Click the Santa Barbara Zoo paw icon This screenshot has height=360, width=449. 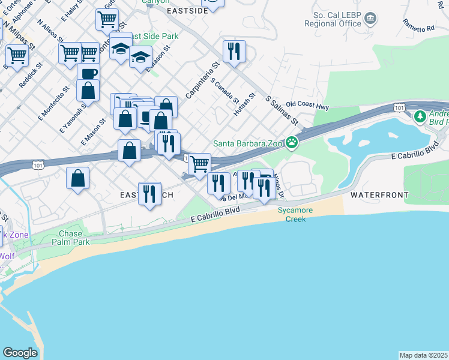click(x=292, y=143)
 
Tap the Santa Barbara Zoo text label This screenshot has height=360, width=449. click(x=249, y=143)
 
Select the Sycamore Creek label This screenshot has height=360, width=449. click(x=292, y=214)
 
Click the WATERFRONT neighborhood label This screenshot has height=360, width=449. click(x=379, y=195)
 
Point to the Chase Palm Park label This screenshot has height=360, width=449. click(x=74, y=238)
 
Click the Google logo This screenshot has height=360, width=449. click(x=20, y=352)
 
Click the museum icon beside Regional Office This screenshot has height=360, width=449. click(x=370, y=19)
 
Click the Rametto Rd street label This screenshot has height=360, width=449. click(x=418, y=25)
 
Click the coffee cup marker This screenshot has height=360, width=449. click(x=88, y=73)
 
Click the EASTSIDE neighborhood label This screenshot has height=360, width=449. click(x=187, y=10)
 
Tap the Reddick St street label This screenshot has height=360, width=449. click(x=31, y=74)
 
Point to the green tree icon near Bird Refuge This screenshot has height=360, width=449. click(x=421, y=115)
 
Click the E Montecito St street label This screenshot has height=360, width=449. click(x=51, y=106)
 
